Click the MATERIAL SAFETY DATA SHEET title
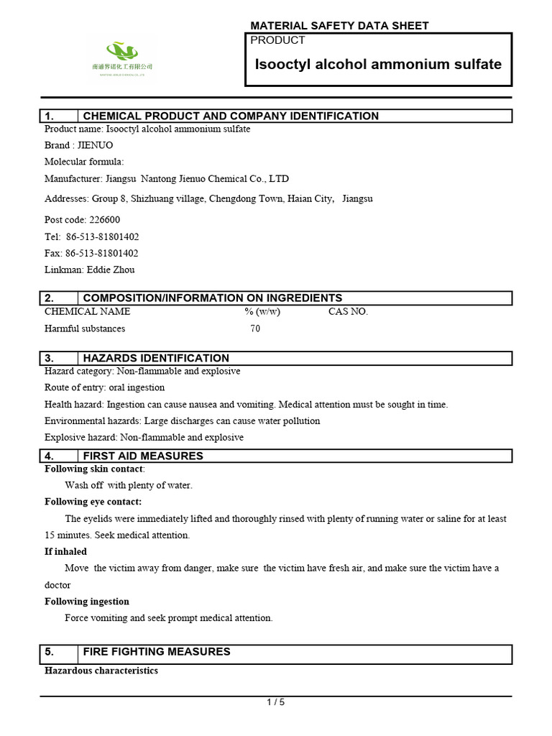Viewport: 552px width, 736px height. (x=339, y=26)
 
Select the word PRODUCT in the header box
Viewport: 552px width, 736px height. (x=277, y=40)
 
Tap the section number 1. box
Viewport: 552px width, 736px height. (x=58, y=116)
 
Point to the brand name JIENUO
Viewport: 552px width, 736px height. (x=96, y=145)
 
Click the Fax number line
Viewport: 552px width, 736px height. (x=91, y=253)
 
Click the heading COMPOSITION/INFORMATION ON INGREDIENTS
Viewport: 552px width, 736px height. (x=213, y=298)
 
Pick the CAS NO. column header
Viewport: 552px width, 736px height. (x=348, y=311)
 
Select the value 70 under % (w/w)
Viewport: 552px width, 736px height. (x=255, y=328)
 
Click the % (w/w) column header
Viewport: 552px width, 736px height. (x=262, y=311)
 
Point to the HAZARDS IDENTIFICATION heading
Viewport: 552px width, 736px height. (x=156, y=358)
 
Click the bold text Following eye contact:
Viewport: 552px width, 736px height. (x=93, y=502)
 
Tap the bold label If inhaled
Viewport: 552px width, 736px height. (x=65, y=551)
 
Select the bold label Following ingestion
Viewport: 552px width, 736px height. (x=87, y=602)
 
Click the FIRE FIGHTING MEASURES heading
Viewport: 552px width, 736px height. (x=157, y=651)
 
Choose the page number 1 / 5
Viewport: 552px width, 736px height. (x=276, y=703)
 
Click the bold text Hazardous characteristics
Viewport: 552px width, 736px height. (x=101, y=671)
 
